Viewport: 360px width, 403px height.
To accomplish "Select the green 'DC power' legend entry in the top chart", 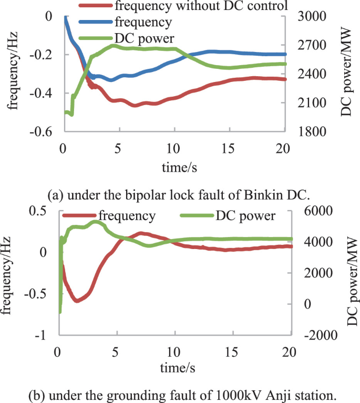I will pos(138,38).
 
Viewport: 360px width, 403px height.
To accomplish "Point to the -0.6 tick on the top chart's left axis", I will pos(45,132).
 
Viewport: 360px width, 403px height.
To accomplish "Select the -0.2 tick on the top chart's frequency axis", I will pos(45,55).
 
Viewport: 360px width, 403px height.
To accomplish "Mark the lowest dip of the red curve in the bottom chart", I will pos(78,301).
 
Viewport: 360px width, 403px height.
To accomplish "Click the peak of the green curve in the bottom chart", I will pos(95,222).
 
